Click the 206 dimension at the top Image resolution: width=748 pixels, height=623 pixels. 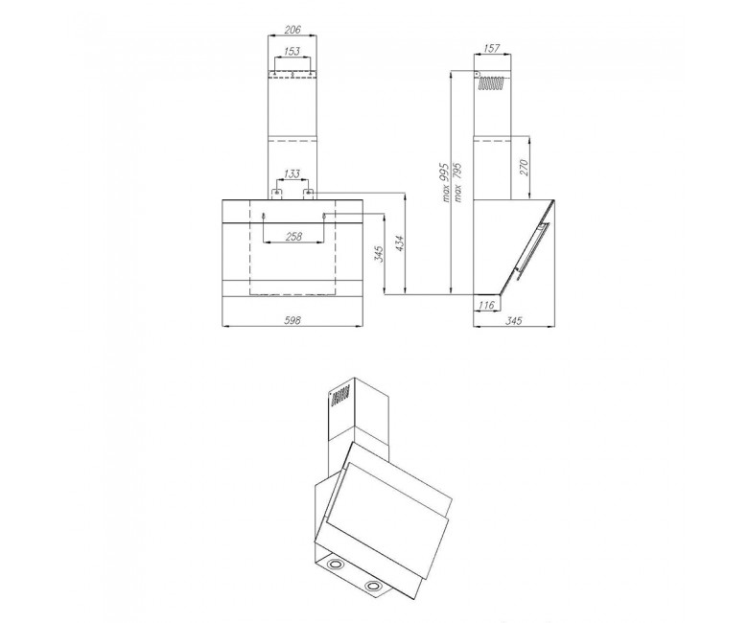(x=292, y=30)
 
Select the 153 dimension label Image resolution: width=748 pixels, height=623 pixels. (x=292, y=51)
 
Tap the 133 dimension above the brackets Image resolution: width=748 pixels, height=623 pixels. (x=292, y=173)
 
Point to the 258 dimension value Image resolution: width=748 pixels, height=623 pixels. (x=292, y=236)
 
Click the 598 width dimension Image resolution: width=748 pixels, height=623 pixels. (x=292, y=320)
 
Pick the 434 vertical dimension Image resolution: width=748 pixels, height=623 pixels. (x=399, y=245)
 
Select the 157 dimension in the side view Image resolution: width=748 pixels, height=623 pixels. (x=491, y=48)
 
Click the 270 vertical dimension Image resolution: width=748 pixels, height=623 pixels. (x=524, y=168)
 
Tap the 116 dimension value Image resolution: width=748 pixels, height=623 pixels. (x=486, y=305)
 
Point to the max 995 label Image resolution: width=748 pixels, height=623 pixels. (x=446, y=182)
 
